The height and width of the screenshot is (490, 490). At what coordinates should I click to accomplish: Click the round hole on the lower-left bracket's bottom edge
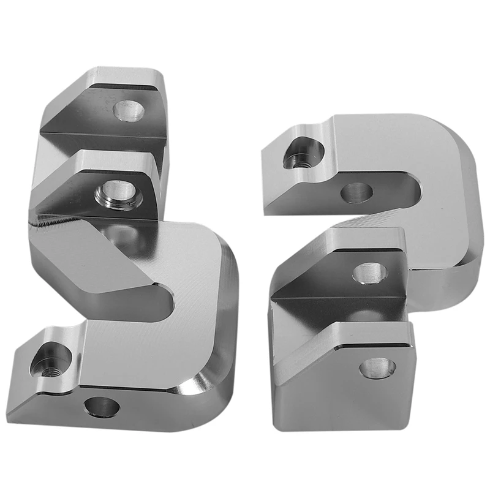(102, 406)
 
